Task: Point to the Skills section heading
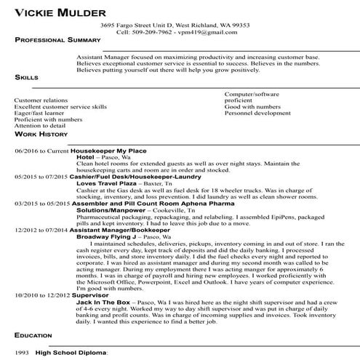[26, 76]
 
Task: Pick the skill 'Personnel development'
[262, 113]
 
